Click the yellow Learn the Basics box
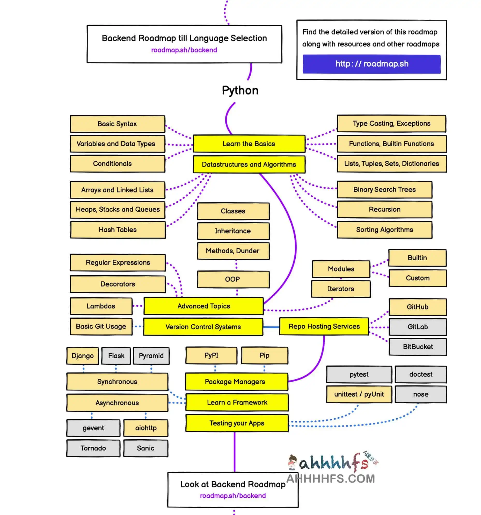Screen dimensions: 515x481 pyautogui.click(x=249, y=144)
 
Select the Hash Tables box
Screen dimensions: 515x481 pyautogui.click(x=118, y=230)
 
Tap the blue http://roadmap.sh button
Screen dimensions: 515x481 pyautogui.click(x=371, y=64)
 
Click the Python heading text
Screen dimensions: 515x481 pyautogui.click(x=240, y=90)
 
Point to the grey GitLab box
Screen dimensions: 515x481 pyautogui.click(x=418, y=327)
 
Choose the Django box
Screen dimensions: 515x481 pyautogui.click(x=83, y=356)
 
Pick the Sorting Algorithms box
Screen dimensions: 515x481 pyautogui.click(x=384, y=230)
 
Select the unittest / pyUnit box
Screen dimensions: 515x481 pyautogui.click(x=359, y=394)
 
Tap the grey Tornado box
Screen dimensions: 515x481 pyautogui.click(x=93, y=448)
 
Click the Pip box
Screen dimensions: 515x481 pyautogui.click(x=264, y=355)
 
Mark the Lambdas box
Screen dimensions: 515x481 pyautogui.click(x=101, y=306)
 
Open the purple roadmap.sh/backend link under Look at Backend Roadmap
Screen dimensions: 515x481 pyautogui.click(x=233, y=496)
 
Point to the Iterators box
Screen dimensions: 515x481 pyautogui.click(x=341, y=289)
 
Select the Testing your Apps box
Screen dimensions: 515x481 pyautogui.click(x=237, y=423)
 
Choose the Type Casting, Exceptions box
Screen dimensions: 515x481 pyautogui.click(x=391, y=123)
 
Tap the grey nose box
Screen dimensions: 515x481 pyautogui.click(x=421, y=394)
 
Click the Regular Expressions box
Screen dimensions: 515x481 pyautogui.click(x=118, y=262)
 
